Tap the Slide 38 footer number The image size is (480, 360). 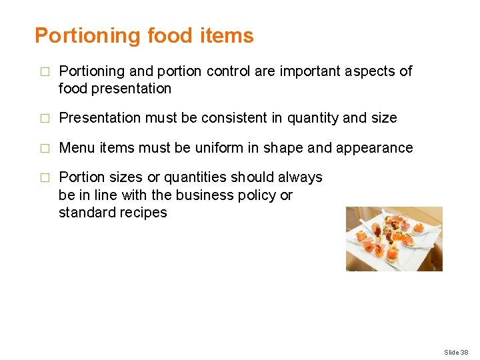click(456, 352)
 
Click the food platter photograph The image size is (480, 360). click(394, 239)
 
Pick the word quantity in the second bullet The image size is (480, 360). click(313, 118)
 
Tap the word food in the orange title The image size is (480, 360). click(169, 36)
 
